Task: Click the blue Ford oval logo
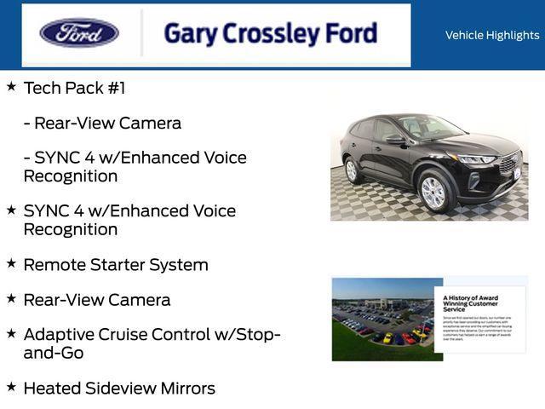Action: point(79,33)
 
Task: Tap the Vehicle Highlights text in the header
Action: point(492,35)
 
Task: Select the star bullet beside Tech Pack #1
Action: point(11,86)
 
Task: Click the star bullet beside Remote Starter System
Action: point(11,263)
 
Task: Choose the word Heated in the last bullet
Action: point(52,389)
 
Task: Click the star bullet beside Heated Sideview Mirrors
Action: point(11,387)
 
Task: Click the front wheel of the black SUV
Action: point(433,192)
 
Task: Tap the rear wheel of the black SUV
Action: point(352,170)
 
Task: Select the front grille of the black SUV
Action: point(509,163)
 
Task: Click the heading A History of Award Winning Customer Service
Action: point(471,303)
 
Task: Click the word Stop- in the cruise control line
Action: point(258,334)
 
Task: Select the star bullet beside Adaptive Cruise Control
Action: point(11,332)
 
